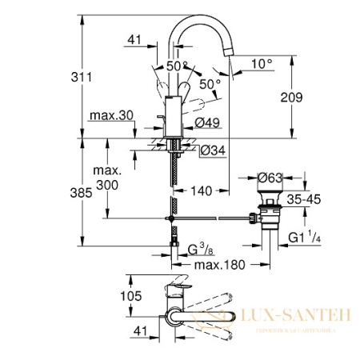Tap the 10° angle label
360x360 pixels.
[x=262, y=62]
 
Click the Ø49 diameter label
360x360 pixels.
[x=208, y=122]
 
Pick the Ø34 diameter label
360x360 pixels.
[x=210, y=150]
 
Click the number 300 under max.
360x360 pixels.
[x=111, y=186]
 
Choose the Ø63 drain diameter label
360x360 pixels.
[x=273, y=178]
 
